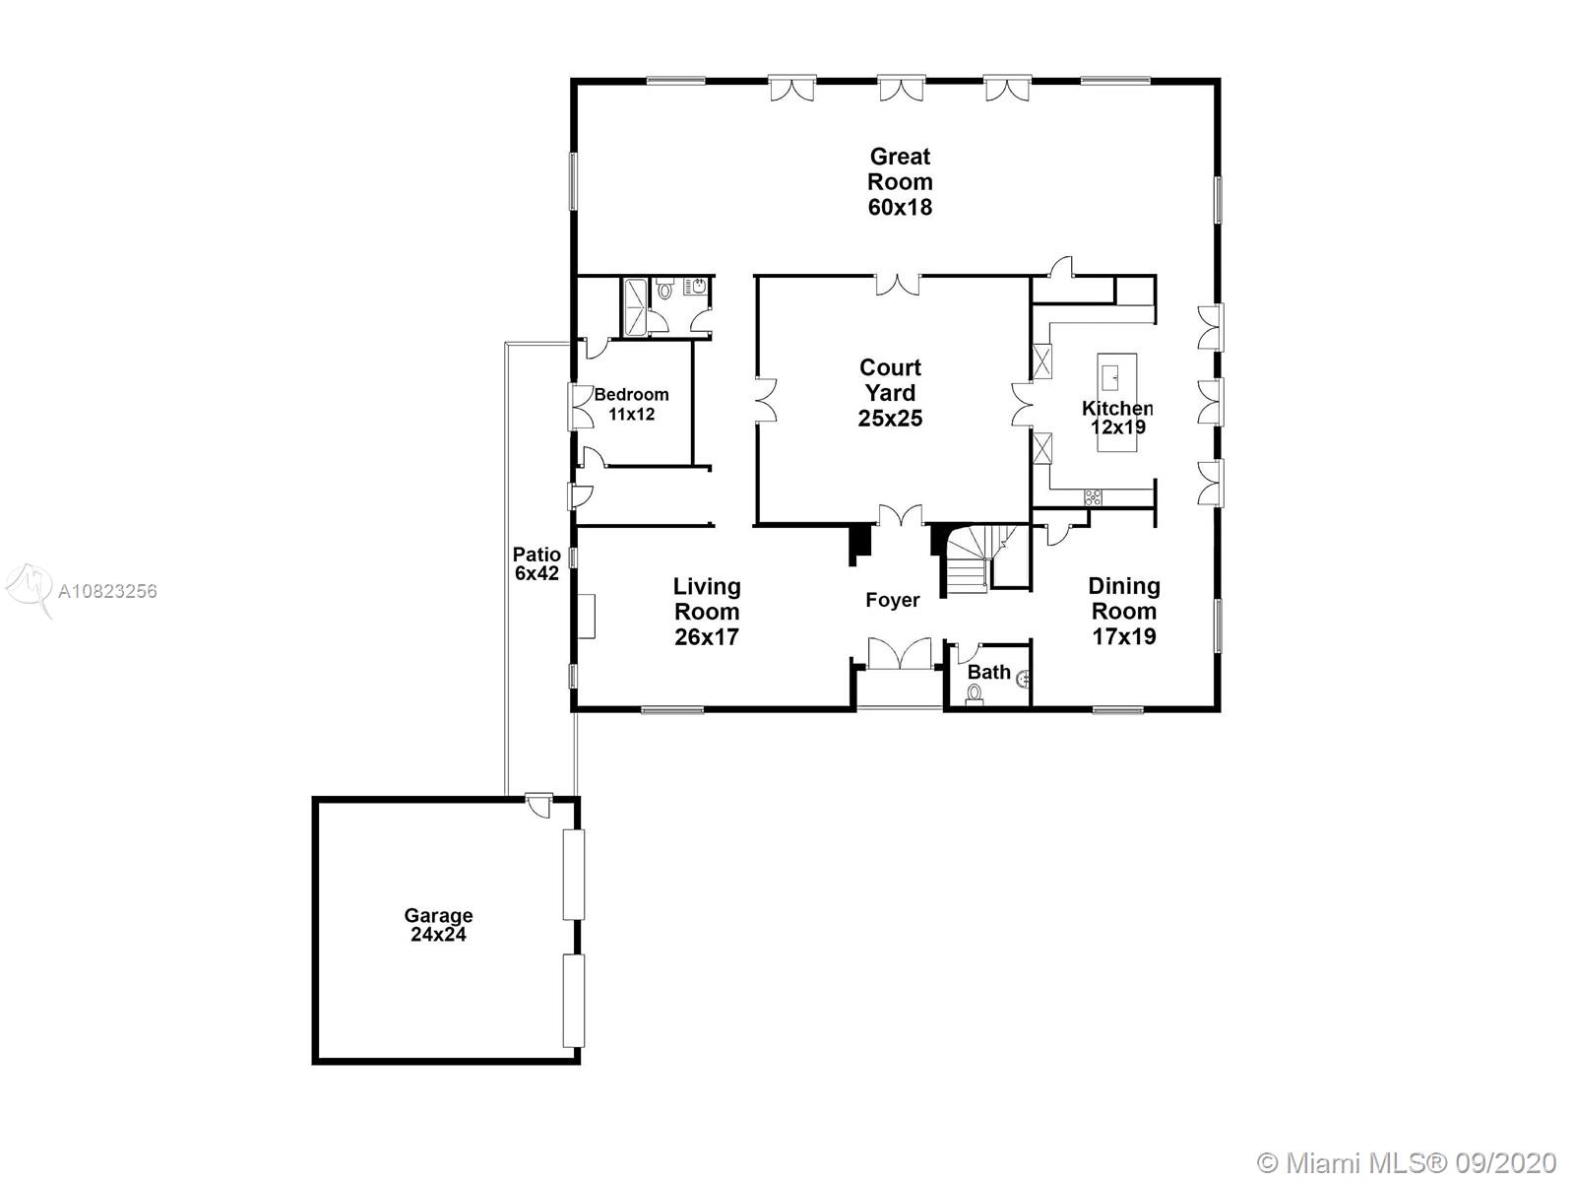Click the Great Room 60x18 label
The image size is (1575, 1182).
pyautogui.click(x=900, y=181)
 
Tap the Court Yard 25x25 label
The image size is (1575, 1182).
pyautogui.click(x=890, y=393)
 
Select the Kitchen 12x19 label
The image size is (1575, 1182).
pyautogui.click(x=1117, y=418)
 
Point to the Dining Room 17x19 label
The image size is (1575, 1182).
pyautogui.click(x=1124, y=611)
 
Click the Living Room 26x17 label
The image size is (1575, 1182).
pyautogui.click(x=706, y=612)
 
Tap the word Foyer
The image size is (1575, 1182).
pyautogui.click(x=892, y=600)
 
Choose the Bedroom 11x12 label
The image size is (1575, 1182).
pyautogui.click(x=631, y=404)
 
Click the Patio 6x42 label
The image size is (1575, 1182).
pyautogui.click(x=536, y=564)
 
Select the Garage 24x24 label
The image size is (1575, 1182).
pyautogui.click(x=438, y=925)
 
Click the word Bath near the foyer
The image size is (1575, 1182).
pyautogui.click(x=988, y=673)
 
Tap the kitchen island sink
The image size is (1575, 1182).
pyautogui.click(x=1110, y=375)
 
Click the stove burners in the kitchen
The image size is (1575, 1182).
pyautogui.click(x=1093, y=497)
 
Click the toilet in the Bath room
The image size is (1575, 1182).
pyautogui.click(x=974, y=694)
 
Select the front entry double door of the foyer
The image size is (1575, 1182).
pyautogui.click(x=899, y=654)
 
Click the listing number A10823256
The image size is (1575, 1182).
pyautogui.click(x=107, y=591)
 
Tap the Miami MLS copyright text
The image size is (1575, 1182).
pyautogui.click(x=1407, y=1162)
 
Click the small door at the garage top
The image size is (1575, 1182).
pyautogui.click(x=539, y=805)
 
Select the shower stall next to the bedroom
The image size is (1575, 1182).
pyautogui.click(x=634, y=306)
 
